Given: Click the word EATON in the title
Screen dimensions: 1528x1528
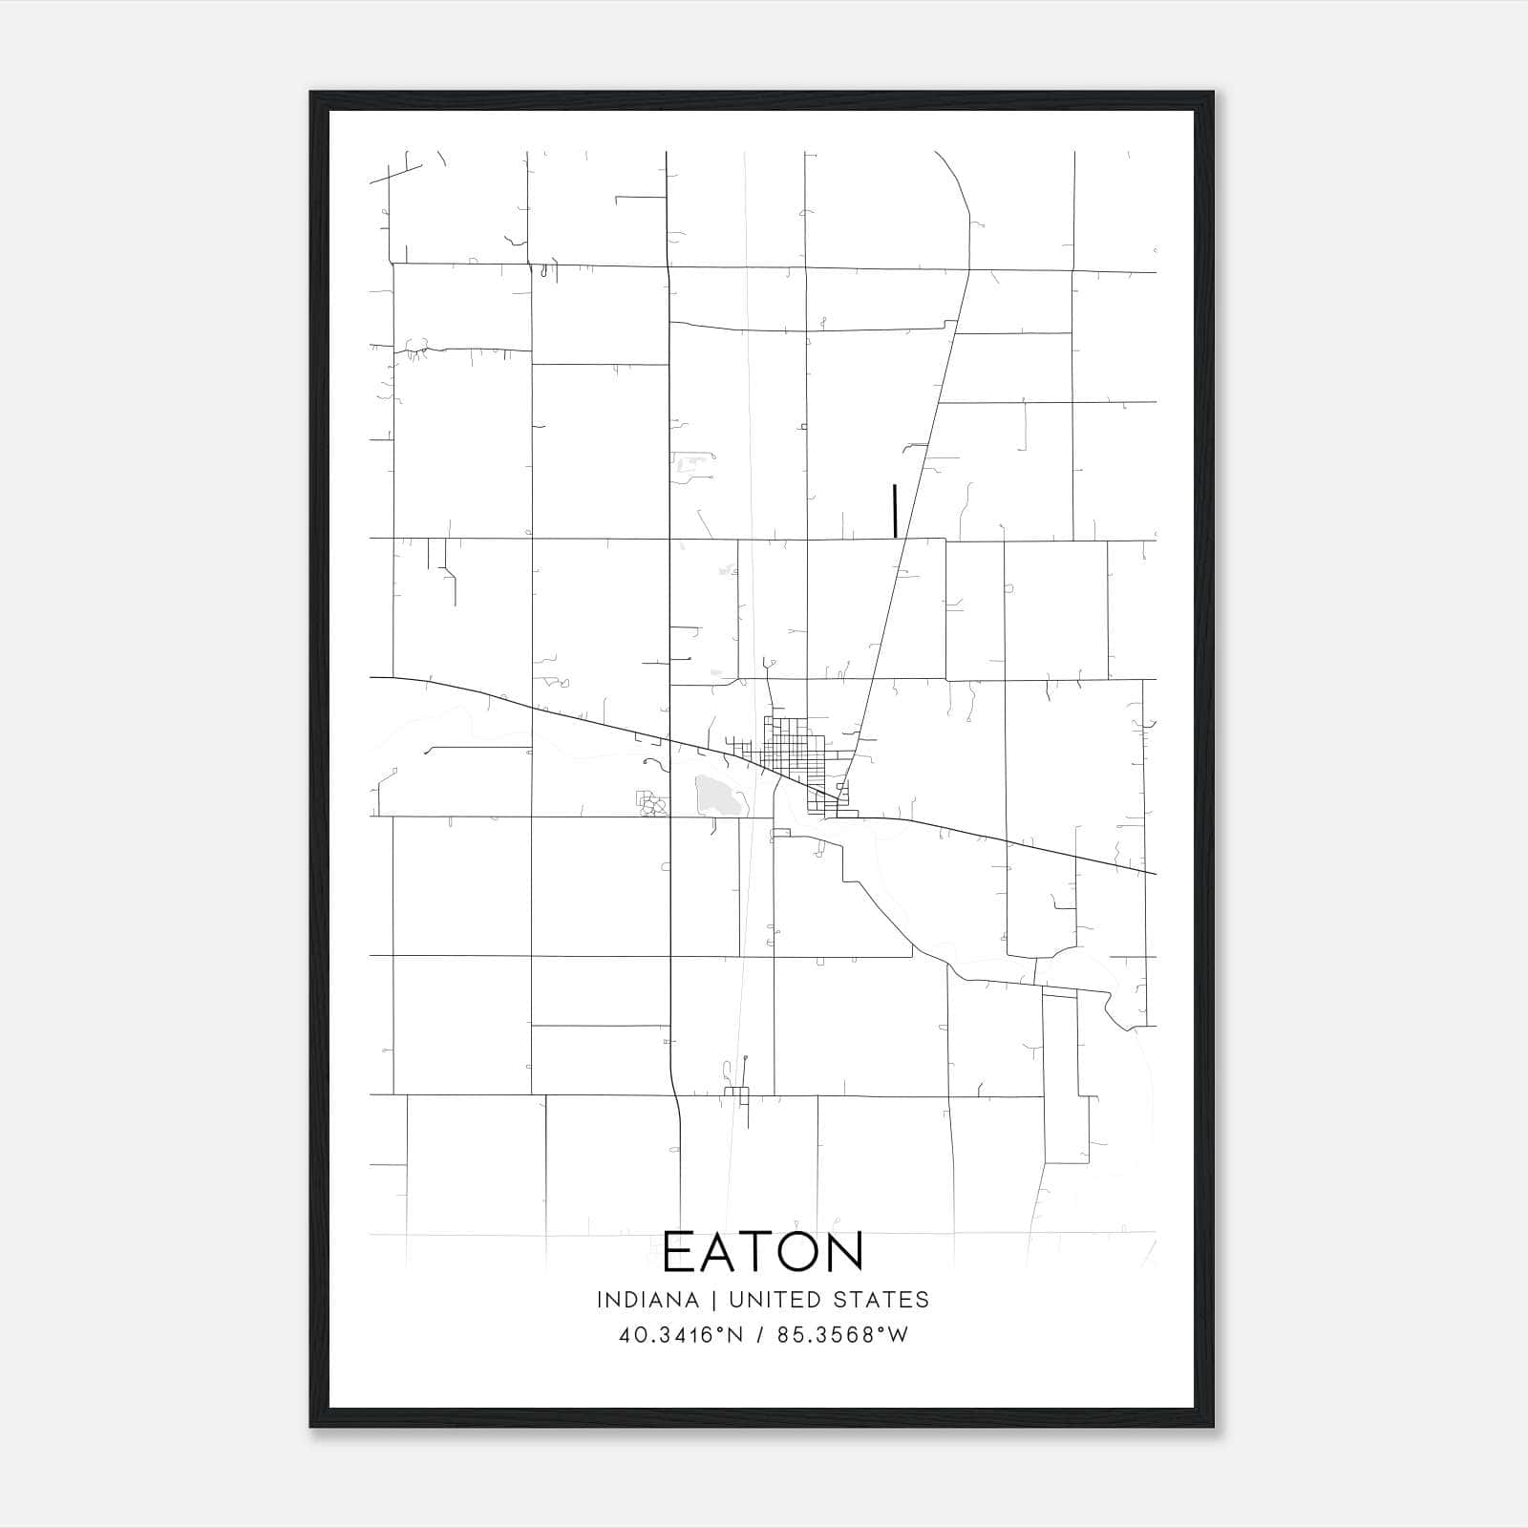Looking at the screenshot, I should pos(763,1251).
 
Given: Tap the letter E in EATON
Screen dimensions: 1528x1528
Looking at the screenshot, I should pos(679,1251).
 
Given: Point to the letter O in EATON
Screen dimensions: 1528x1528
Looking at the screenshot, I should pos(799,1251).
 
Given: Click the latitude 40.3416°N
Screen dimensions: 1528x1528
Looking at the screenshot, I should pos(681,1335).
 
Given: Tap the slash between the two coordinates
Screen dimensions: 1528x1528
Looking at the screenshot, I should pos(760,1335).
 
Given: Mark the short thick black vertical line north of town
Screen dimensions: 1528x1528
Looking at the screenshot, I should pos(895,511).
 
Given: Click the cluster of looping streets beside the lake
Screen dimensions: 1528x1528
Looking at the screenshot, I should pos(651,803).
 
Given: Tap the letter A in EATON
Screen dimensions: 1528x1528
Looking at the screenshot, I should pos(721,1251).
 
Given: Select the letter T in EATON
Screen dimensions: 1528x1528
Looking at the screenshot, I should pos(759,1251).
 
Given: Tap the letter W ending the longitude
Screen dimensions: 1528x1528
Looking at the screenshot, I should pos(899,1335).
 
